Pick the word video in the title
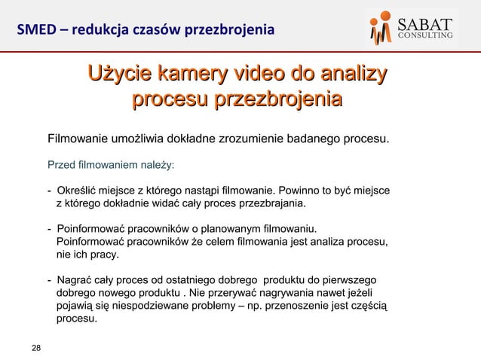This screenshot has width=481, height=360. click(262, 75)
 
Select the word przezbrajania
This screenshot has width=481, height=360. click(272, 203)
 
